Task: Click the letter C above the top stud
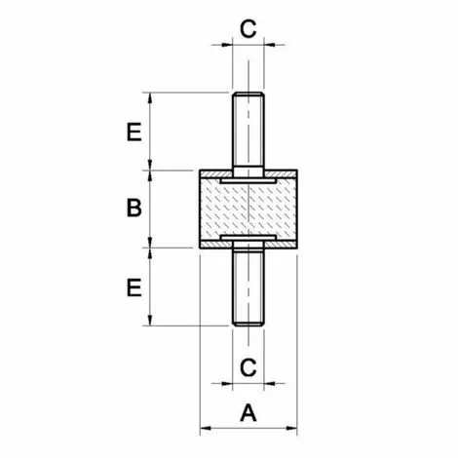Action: pyautogui.click(x=248, y=27)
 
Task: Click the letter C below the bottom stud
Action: pyautogui.click(x=248, y=367)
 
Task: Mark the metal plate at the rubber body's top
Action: pyautogui.click(x=248, y=180)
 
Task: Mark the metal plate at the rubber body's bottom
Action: pyautogui.click(x=248, y=237)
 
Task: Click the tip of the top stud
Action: pyautogui.click(x=248, y=95)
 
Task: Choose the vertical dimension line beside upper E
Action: pyautogui.click(x=149, y=132)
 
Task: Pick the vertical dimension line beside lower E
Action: pyautogui.click(x=149, y=287)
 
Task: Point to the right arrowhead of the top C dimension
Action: pyautogui.click(x=269, y=43)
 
